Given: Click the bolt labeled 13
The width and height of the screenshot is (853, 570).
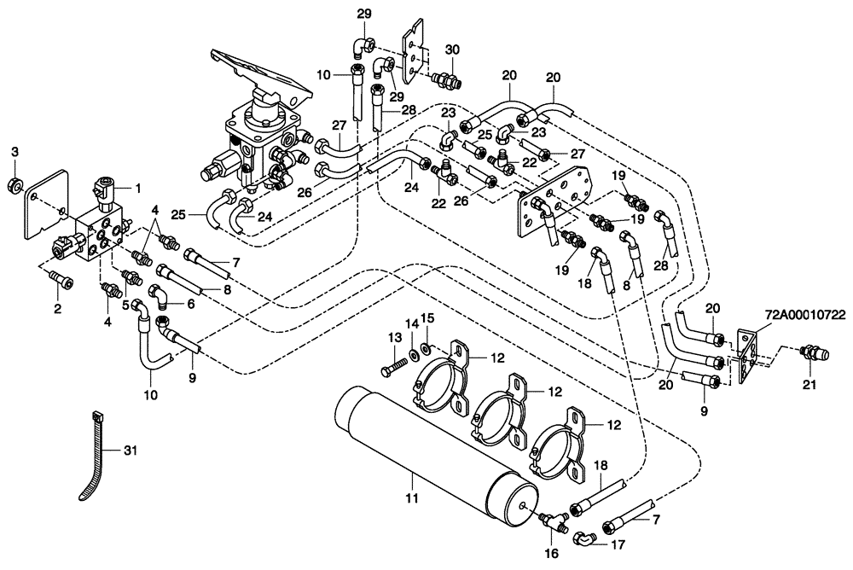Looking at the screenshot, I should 397,364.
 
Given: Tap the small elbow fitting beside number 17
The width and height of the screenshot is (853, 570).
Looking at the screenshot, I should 583,538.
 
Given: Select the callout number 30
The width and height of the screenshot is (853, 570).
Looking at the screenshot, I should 452,48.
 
